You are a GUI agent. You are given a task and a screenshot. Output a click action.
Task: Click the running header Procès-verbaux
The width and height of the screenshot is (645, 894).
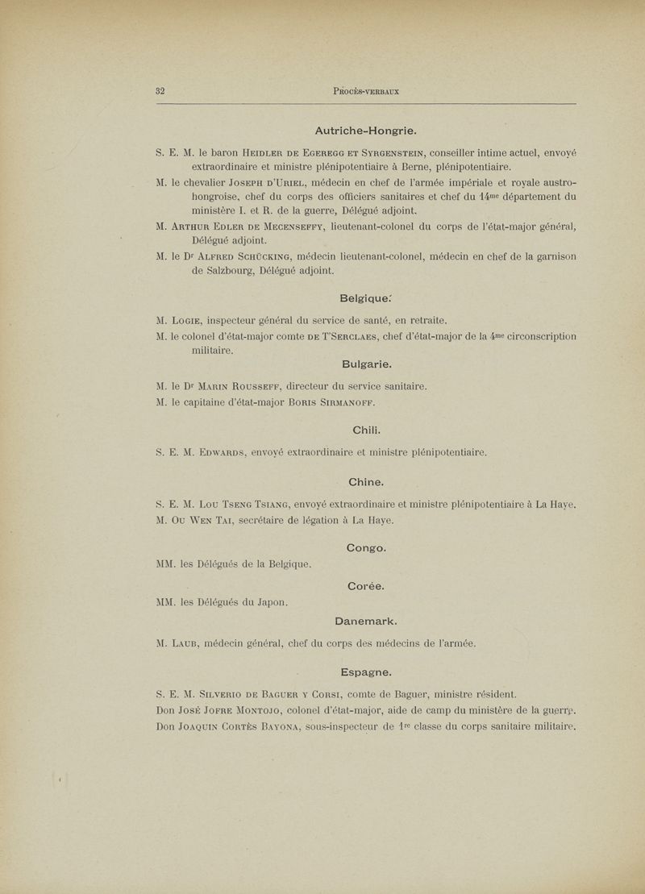(366, 91)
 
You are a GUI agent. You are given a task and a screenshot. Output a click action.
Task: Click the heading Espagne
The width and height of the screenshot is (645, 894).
(367, 671)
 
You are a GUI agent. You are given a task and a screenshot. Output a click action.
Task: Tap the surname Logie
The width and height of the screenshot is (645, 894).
(200, 319)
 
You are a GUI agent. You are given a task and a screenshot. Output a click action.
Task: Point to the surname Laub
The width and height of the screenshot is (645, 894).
(199, 643)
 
